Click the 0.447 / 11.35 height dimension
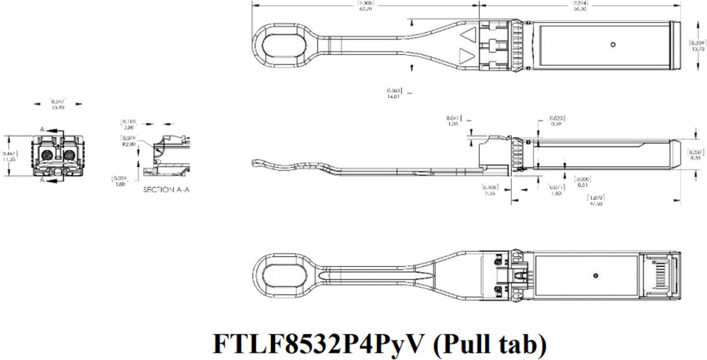(x=9, y=155)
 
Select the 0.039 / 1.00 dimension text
(x=120, y=181)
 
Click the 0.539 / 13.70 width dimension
(x=698, y=46)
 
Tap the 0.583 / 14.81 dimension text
(x=393, y=93)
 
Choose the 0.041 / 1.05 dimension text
(x=453, y=120)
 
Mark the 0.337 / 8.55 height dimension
(x=698, y=154)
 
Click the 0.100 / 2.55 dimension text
(x=490, y=190)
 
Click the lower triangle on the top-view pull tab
(x=467, y=56)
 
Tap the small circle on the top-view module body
(x=612, y=45)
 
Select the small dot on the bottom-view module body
(x=595, y=274)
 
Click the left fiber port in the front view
(x=48, y=155)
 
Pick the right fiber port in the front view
(x=69, y=155)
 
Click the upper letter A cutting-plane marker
(x=42, y=130)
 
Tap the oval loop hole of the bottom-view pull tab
(x=283, y=274)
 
